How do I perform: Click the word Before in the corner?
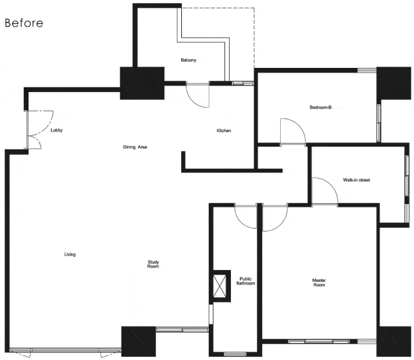pyautogui.click(x=24, y=23)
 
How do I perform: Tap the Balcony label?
pyautogui.click(x=188, y=60)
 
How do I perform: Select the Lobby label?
pyautogui.click(x=56, y=130)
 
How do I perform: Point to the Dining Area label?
pyautogui.click(x=135, y=147)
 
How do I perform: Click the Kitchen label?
pyautogui.click(x=224, y=131)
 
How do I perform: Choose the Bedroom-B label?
pyautogui.click(x=321, y=107)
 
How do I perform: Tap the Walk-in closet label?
pyautogui.click(x=356, y=180)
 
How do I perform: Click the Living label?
pyautogui.click(x=70, y=254)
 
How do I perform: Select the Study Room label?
pyautogui.click(x=153, y=264)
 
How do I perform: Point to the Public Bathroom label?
pyautogui.click(x=246, y=281)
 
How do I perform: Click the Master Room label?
pyautogui.click(x=319, y=282)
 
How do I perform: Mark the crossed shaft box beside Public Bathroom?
pyautogui.click(x=220, y=286)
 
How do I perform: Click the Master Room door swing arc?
pyautogui.click(x=281, y=225)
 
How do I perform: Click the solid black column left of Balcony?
pyautogui.click(x=142, y=83)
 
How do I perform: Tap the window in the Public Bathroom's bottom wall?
pyautogui.click(x=235, y=354)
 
